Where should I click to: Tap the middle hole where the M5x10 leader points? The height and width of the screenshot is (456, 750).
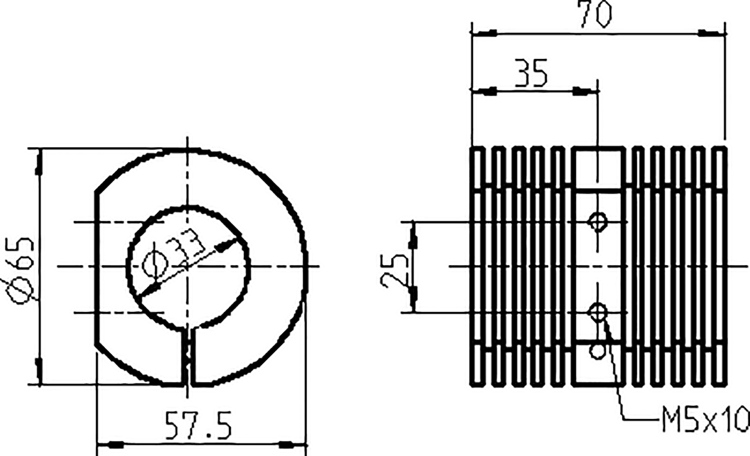598,312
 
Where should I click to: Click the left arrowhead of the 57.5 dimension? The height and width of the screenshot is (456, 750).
111,443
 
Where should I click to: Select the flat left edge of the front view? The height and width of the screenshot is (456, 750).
96,267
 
